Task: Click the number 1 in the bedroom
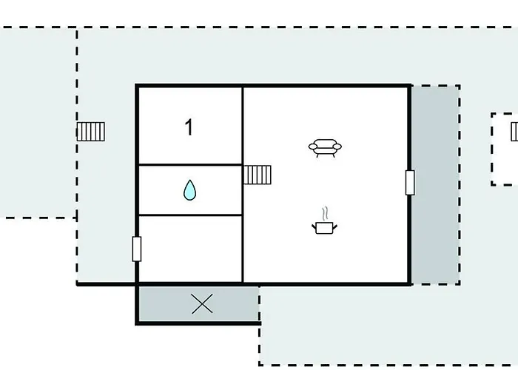coord(189,127)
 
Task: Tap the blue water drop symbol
coord(189,190)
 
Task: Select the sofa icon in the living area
coord(325,148)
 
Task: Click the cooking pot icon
coord(324,228)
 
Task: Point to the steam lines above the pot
coord(326,213)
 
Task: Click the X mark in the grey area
coord(202,304)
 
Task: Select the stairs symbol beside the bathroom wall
coord(258,175)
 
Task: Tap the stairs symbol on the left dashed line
coord(91,132)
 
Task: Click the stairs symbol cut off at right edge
coord(514,132)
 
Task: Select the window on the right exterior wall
coord(410,183)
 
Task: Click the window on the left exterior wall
coord(137,249)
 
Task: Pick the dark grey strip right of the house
coord(435,185)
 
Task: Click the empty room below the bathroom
coord(190,249)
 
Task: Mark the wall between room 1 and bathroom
coord(190,164)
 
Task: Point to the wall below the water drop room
coord(190,215)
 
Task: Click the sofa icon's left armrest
coord(312,147)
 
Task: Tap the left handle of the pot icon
coord(314,226)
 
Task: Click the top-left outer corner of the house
coord(135,84)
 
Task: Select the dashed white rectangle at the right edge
coord(505,149)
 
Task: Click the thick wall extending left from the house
coord(106,283)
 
